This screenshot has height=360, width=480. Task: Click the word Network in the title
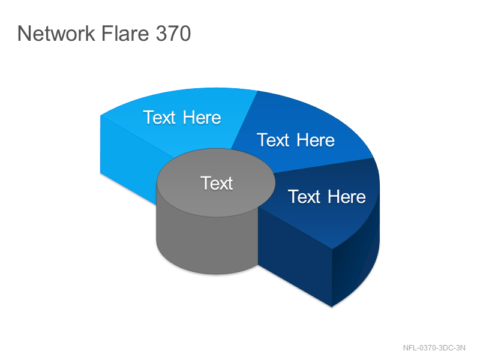coord(56,33)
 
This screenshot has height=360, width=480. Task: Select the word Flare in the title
coord(125,33)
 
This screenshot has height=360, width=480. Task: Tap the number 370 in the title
coord(173,34)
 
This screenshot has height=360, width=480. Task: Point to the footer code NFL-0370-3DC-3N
coord(434,348)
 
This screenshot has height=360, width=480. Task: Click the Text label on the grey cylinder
coord(217,184)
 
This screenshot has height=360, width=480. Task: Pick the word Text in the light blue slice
coord(159,118)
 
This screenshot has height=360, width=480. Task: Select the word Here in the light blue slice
coord(202,118)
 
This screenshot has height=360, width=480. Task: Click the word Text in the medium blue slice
coord(273,140)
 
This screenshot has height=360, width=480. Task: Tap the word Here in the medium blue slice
coord(316,140)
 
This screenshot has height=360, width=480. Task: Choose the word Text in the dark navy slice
coord(304,197)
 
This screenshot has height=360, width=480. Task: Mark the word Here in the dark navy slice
coord(347,197)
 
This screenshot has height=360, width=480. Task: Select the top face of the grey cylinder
coord(216,183)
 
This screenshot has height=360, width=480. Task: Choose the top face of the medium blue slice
coord(303,134)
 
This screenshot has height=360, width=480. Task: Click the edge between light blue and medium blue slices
coord(244,119)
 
